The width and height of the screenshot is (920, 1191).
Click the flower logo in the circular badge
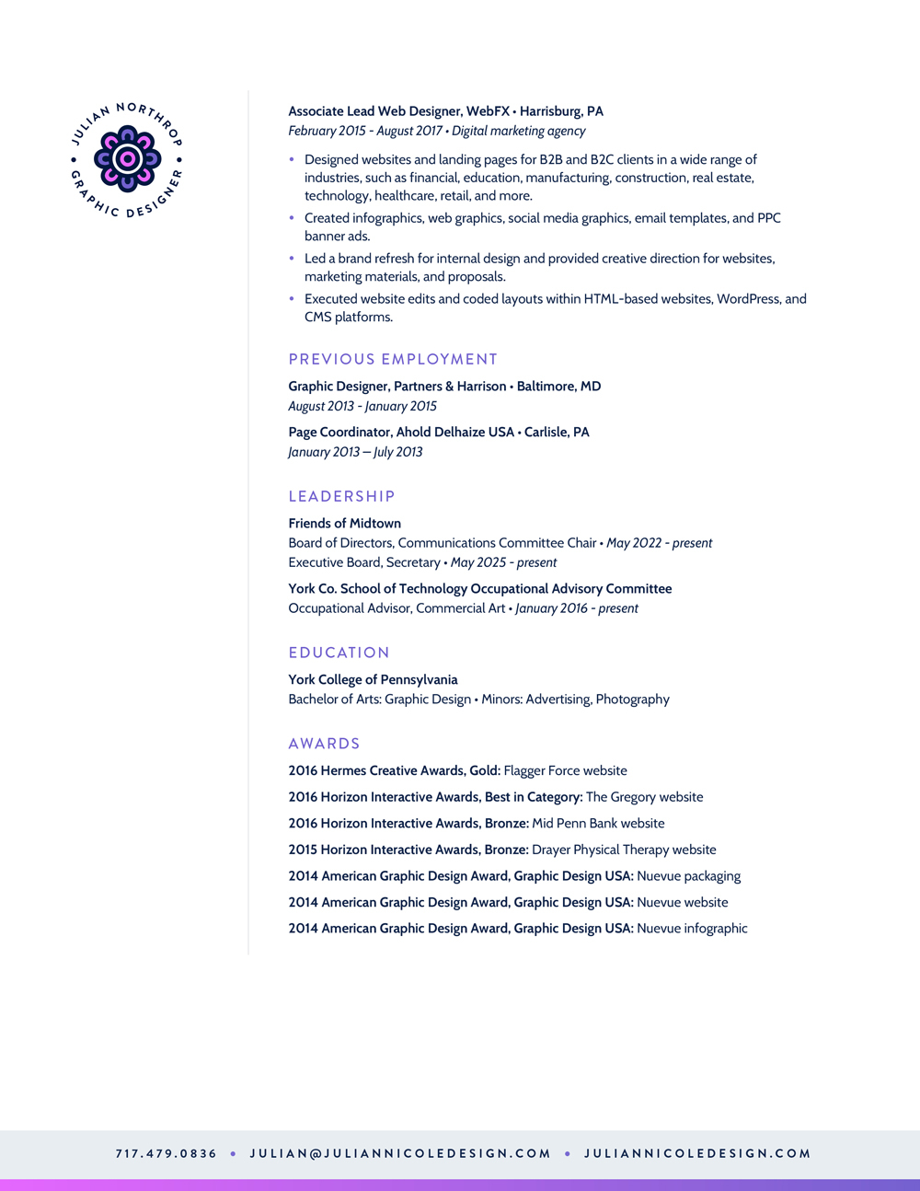point(127,159)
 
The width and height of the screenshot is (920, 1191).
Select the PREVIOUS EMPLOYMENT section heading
point(393,359)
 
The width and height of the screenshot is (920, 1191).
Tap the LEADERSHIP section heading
point(341,496)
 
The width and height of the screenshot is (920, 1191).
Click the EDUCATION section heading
point(339,653)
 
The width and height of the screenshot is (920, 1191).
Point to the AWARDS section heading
point(324,744)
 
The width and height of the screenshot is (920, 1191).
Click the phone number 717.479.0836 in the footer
point(167,1153)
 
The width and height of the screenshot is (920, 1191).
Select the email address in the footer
point(400,1153)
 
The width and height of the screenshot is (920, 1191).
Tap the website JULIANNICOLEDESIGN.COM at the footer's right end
point(697,1153)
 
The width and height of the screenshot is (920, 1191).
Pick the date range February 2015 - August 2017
point(366,131)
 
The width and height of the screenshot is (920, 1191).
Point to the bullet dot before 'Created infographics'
point(293,218)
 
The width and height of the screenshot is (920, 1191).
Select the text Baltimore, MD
point(558,387)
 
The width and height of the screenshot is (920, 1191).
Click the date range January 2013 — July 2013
point(355,452)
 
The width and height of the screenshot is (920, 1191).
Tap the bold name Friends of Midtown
point(344,524)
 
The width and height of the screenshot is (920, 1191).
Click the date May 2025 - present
point(503,562)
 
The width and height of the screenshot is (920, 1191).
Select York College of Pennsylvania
point(373,680)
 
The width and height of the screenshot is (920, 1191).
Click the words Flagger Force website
point(565,771)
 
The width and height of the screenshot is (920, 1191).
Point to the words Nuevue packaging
point(688,876)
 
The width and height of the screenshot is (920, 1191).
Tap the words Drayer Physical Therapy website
point(624,850)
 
